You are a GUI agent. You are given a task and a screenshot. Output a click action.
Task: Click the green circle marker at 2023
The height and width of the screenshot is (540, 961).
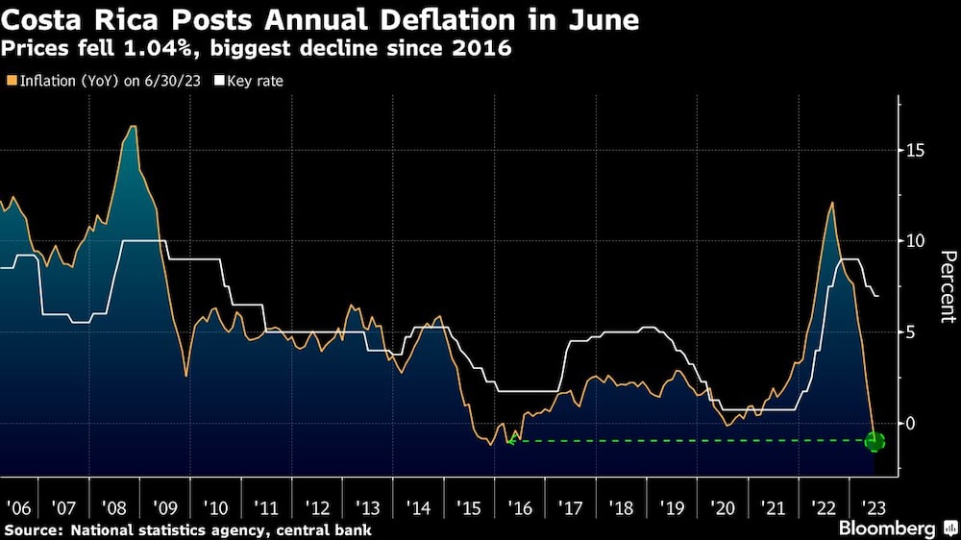click(875, 441)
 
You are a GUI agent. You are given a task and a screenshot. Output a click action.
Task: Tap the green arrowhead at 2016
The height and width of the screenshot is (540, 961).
click(512, 439)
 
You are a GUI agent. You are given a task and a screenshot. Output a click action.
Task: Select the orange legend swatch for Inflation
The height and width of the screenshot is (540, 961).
click(11, 80)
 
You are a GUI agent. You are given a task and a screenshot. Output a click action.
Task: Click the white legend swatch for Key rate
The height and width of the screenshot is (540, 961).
click(219, 80)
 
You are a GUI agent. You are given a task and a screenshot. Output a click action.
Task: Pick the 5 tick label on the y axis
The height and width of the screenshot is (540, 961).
click(910, 331)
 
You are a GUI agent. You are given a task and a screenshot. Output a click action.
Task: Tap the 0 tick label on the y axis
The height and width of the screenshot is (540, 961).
click(910, 423)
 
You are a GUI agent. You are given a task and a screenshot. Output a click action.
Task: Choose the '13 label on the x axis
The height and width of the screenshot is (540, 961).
click(366, 508)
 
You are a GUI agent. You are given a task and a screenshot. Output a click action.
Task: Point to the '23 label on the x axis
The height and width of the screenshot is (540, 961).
click(875, 508)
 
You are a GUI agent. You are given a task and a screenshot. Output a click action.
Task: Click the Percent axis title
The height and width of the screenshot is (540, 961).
click(948, 285)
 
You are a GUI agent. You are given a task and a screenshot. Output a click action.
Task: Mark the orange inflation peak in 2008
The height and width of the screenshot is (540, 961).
click(133, 127)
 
